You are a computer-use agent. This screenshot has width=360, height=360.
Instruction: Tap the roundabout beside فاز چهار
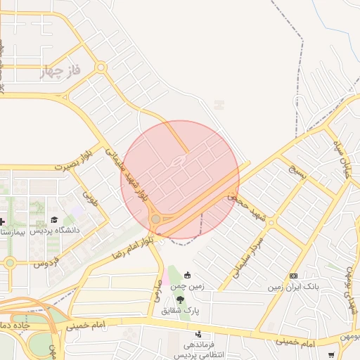click(x=101, y=68)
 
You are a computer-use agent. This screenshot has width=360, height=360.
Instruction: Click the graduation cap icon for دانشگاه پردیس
click(x=55, y=219)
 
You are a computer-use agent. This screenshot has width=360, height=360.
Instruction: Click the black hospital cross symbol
click(x=2, y=221)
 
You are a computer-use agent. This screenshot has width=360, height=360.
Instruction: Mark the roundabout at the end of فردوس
click(x=10, y=264)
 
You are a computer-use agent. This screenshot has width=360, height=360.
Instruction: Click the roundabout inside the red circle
click(x=155, y=220)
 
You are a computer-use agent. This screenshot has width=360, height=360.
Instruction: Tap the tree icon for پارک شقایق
click(x=181, y=300)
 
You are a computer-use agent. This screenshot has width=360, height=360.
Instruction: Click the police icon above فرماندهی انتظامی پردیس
click(x=199, y=334)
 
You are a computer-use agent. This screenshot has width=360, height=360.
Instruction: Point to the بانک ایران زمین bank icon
click(x=293, y=276)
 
